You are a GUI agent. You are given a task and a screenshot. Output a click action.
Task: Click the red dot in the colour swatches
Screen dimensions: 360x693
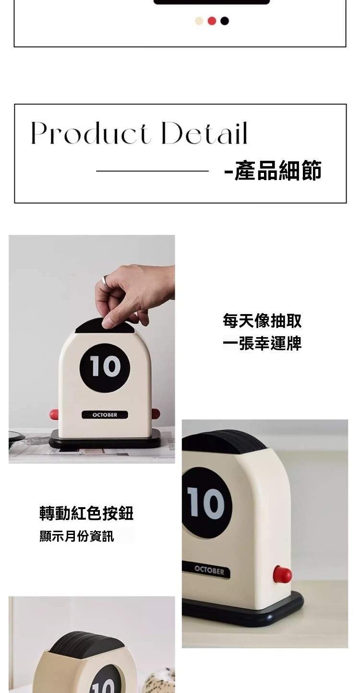[212, 21]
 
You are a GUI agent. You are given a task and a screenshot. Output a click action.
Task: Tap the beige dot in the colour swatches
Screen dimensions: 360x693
[199, 21]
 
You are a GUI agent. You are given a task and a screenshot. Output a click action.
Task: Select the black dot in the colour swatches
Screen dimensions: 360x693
[225, 21]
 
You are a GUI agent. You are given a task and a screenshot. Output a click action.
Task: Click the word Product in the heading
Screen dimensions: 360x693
[90, 134]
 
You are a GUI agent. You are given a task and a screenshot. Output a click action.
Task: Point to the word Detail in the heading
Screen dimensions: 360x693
[204, 134]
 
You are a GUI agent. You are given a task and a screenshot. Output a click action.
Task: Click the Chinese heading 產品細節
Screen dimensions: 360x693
[277, 170]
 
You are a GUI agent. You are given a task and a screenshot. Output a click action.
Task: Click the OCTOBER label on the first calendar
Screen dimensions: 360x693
[105, 415]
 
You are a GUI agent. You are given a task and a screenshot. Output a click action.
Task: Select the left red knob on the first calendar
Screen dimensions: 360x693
[54, 413]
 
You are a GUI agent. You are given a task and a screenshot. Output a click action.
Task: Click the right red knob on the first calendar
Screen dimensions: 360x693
[156, 413]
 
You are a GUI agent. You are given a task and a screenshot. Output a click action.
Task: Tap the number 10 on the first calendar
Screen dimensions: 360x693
[105, 366]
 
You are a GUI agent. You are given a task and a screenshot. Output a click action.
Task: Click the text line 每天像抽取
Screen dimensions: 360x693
[262, 321]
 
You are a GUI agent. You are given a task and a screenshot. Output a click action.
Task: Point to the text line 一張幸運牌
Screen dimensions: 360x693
[262, 343]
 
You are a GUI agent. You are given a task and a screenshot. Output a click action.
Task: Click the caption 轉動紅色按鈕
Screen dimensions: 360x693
[86, 513]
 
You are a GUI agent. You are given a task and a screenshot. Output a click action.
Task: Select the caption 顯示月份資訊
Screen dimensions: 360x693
[77, 536]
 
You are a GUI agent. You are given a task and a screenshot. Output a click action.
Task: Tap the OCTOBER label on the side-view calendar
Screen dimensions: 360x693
[209, 571]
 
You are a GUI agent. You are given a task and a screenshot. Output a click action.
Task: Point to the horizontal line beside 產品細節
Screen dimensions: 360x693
[153, 171]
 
